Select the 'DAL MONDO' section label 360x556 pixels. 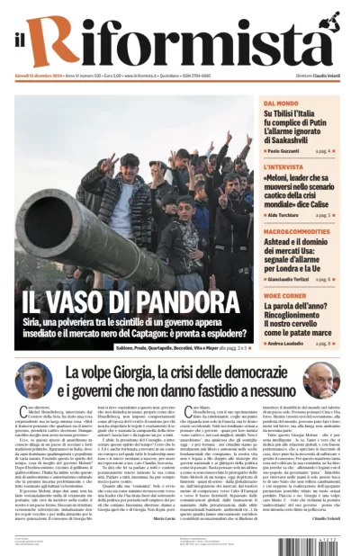coord(280,103)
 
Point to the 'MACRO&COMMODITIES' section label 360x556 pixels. coord(296,232)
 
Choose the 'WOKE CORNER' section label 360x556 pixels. coord(284,296)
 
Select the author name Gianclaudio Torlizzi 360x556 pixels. coord(293,280)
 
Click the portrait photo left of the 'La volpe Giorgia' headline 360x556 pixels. coord(28,381)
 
